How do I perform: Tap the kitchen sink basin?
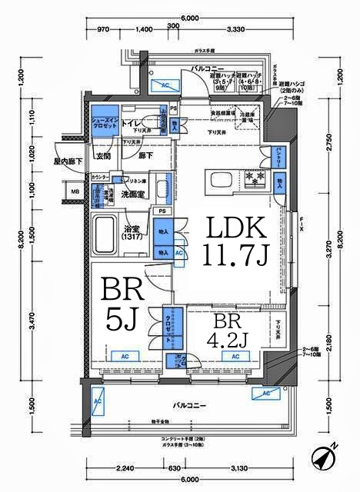point(218,181)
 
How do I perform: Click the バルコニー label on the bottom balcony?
point(188,403)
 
